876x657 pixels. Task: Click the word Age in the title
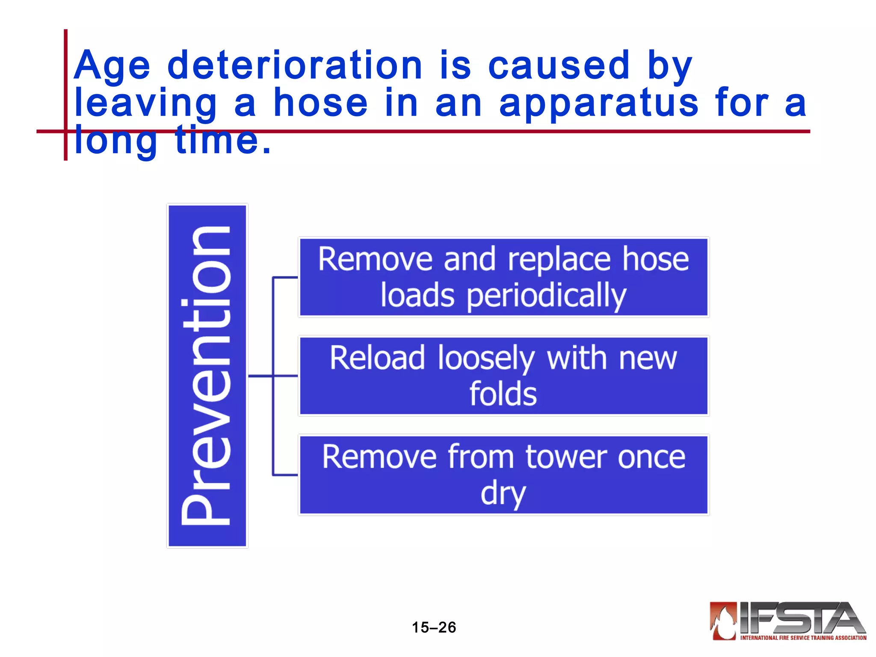click(112, 66)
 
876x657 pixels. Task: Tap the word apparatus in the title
click(599, 103)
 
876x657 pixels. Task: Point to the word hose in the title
click(320, 103)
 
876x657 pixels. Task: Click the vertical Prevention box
click(207, 376)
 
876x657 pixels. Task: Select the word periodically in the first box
click(546, 296)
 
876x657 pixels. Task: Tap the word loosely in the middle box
click(486, 358)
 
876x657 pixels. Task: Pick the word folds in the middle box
click(503, 394)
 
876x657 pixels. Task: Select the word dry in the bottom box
click(503, 494)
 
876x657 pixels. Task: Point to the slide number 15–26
click(434, 627)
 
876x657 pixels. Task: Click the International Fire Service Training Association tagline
click(803, 638)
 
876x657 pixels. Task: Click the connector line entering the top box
click(285, 278)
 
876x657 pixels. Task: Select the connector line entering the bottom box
click(285, 475)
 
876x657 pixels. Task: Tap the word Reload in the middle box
click(377, 358)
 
